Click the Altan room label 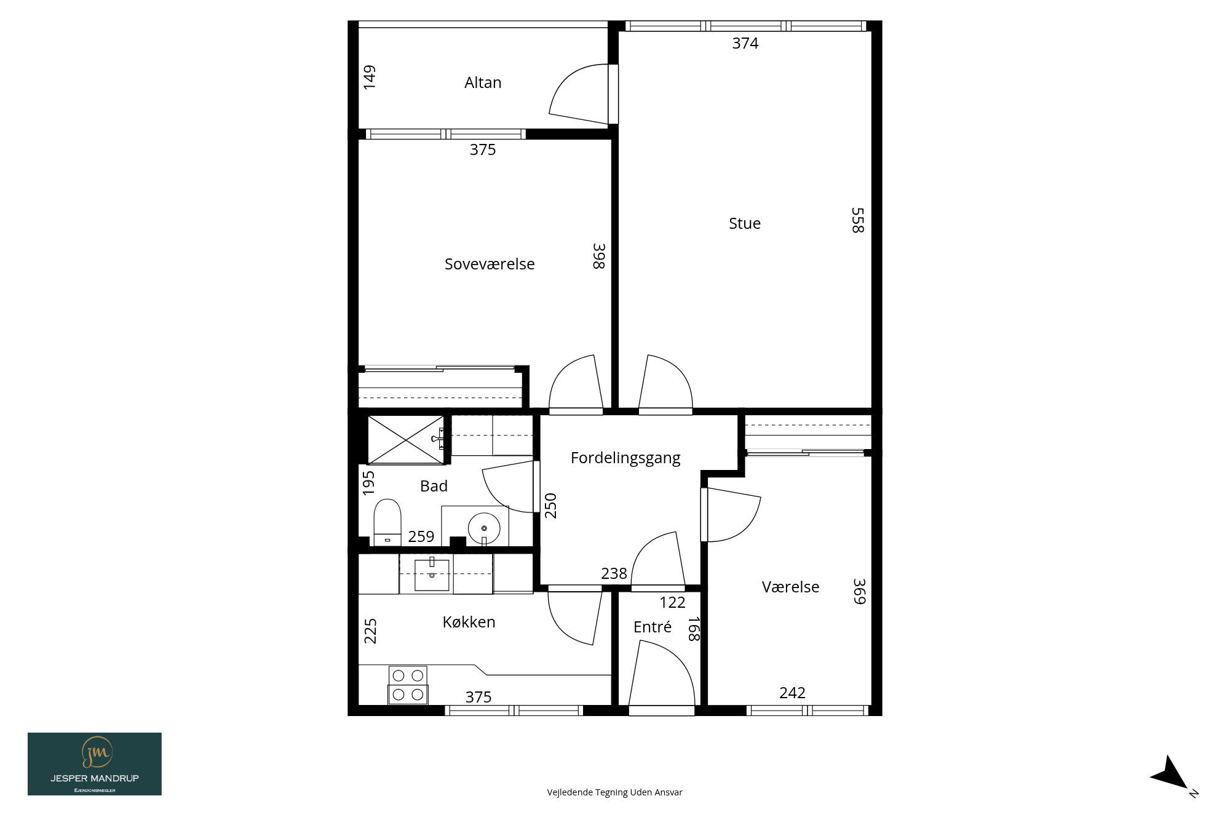pos(483,82)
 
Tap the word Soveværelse pos(490,264)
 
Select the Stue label pos(745,223)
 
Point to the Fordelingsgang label pos(625,458)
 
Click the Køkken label pos(469,622)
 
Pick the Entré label pos(653,627)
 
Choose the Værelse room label pos(790,587)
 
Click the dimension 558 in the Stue pos(858,220)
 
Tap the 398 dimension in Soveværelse pos(599,256)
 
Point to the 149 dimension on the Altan pos(370,78)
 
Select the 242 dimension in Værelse pos(792,693)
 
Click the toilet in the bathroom pos(387,522)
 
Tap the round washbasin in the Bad pos(484,528)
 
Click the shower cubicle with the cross pos(405,439)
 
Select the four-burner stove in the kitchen pos(408,685)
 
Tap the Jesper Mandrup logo pos(95,764)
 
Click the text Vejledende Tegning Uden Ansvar pos(614,792)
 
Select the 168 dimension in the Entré pos(694,629)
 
